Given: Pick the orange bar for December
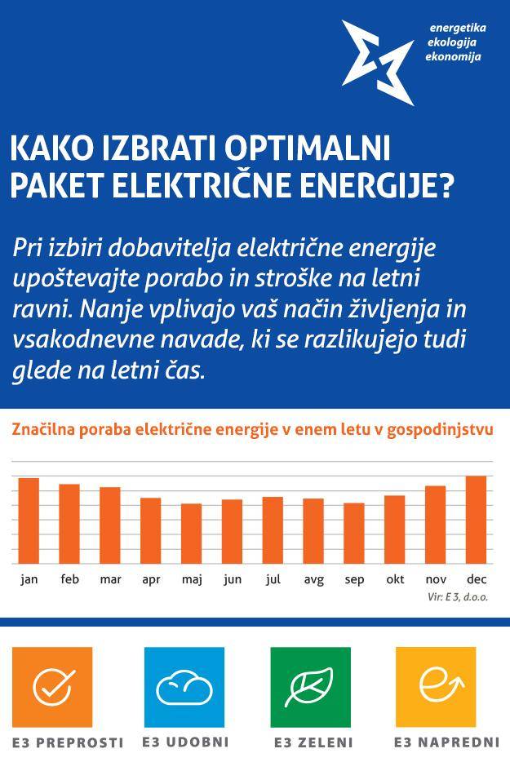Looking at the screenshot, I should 476,520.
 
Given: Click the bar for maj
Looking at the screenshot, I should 191,534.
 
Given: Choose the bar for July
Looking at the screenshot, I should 273,530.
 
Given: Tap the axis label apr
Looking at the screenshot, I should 151,580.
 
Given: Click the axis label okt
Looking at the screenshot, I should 395,580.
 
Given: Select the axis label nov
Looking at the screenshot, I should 436,580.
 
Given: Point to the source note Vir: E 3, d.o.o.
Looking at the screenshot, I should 458,597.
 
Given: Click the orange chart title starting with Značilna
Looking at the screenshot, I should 252,430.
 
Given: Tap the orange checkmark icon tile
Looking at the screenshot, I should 52,687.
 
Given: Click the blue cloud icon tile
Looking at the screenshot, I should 184,687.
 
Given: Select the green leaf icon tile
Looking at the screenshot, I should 310,687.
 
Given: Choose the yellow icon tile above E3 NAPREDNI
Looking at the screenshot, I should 436,687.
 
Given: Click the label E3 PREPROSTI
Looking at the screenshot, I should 68,743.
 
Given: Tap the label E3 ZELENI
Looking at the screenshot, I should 313,743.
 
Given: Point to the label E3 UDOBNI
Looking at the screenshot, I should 185,742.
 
